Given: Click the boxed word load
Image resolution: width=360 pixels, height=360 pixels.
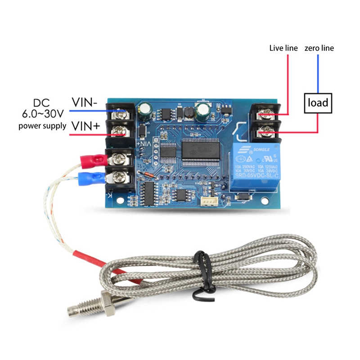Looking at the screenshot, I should (318, 103).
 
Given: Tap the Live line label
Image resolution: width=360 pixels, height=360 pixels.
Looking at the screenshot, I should (283, 48).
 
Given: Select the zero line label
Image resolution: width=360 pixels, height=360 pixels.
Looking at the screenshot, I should (319, 48).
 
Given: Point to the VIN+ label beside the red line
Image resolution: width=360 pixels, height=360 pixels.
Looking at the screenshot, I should (85, 126).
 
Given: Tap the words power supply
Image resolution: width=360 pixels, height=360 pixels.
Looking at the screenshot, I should (42, 126).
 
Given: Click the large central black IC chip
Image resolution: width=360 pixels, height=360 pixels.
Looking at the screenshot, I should (201, 150).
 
